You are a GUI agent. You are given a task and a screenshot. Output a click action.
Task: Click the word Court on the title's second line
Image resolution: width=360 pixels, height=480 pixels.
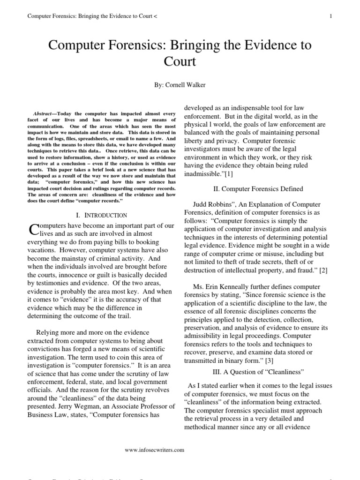(x=180, y=62)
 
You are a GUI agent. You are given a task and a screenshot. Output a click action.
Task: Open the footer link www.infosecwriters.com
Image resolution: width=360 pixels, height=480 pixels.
(x=154, y=450)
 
